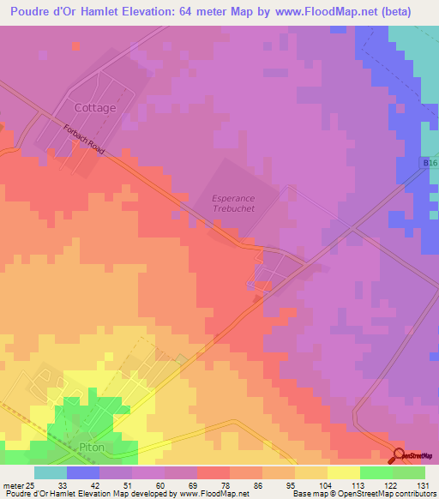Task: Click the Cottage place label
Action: point(94,108)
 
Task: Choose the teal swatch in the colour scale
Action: point(51,472)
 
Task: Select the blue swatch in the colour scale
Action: point(83,472)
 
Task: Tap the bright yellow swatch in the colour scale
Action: point(344,472)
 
